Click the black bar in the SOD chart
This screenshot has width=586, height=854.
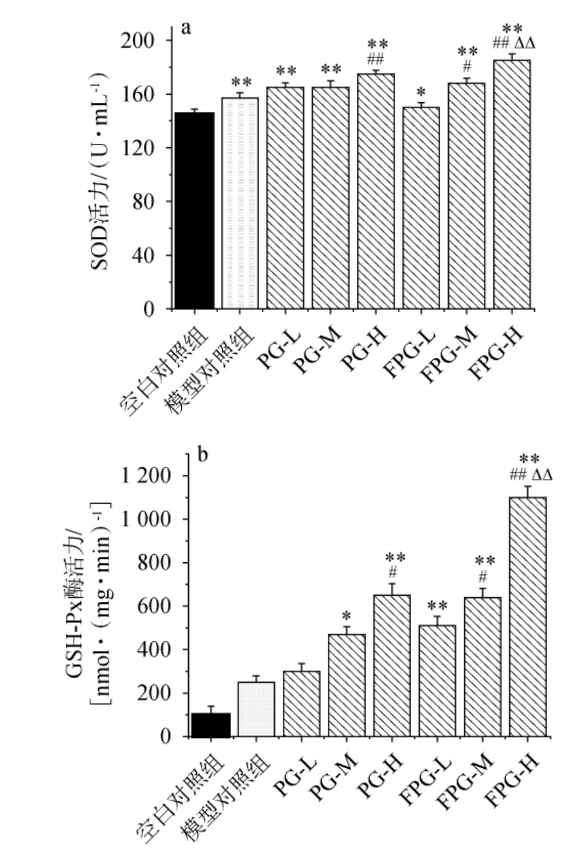coord(194,211)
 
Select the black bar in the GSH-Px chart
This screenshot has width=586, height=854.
coord(211,725)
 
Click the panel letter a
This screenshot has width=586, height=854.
coord(185,29)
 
